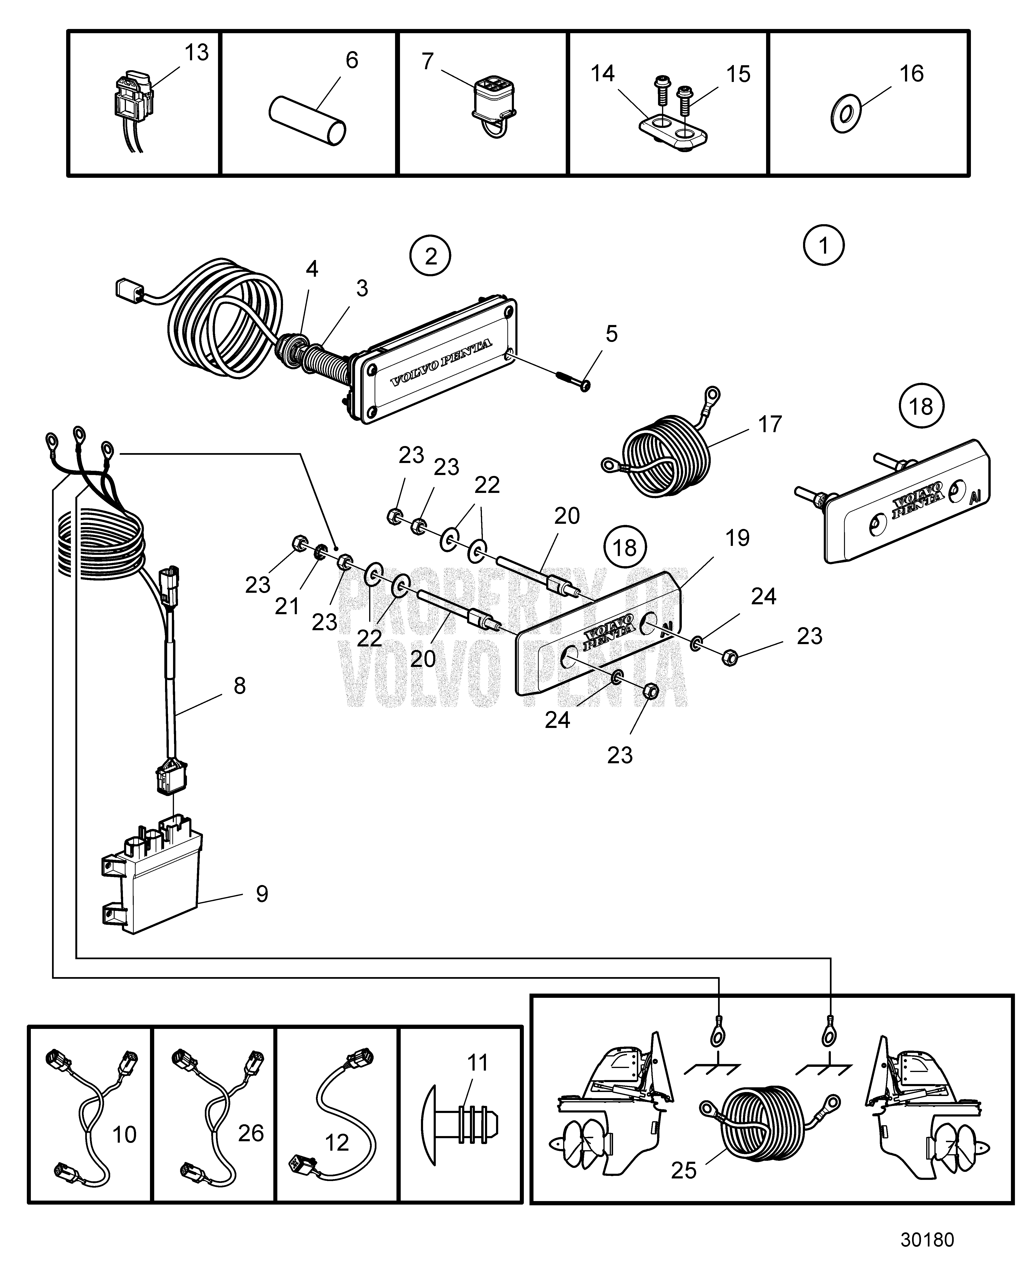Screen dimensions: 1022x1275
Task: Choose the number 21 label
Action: (x=287, y=607)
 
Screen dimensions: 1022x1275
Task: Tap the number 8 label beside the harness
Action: (x=239, y=686)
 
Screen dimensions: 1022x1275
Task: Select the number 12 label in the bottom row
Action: (x=337, y=1143)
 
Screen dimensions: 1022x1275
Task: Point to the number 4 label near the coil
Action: (x=312, y=269)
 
